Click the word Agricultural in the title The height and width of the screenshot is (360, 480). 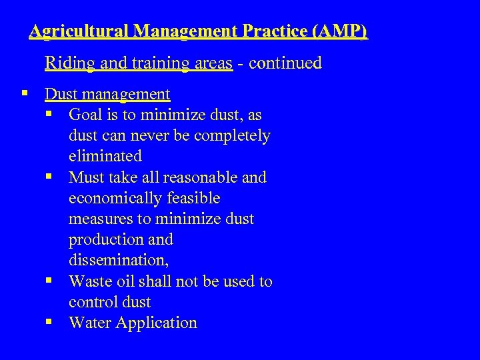pyautogui.click(x=79, y=31)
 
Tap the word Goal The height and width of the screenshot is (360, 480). pyautogui.click(x=85, y=115)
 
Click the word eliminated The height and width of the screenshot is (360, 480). pyautogui.click(x=105, y=156)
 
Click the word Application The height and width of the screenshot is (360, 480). pyautogui.click(x=157, y=323)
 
